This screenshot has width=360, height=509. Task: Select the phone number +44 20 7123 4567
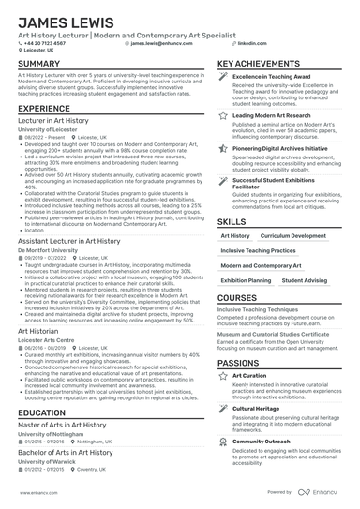(46, 43)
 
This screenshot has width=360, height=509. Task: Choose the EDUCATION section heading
(41, 412)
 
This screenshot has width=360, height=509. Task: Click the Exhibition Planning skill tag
(247, 280)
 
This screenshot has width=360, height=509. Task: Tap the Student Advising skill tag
(304, 280)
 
